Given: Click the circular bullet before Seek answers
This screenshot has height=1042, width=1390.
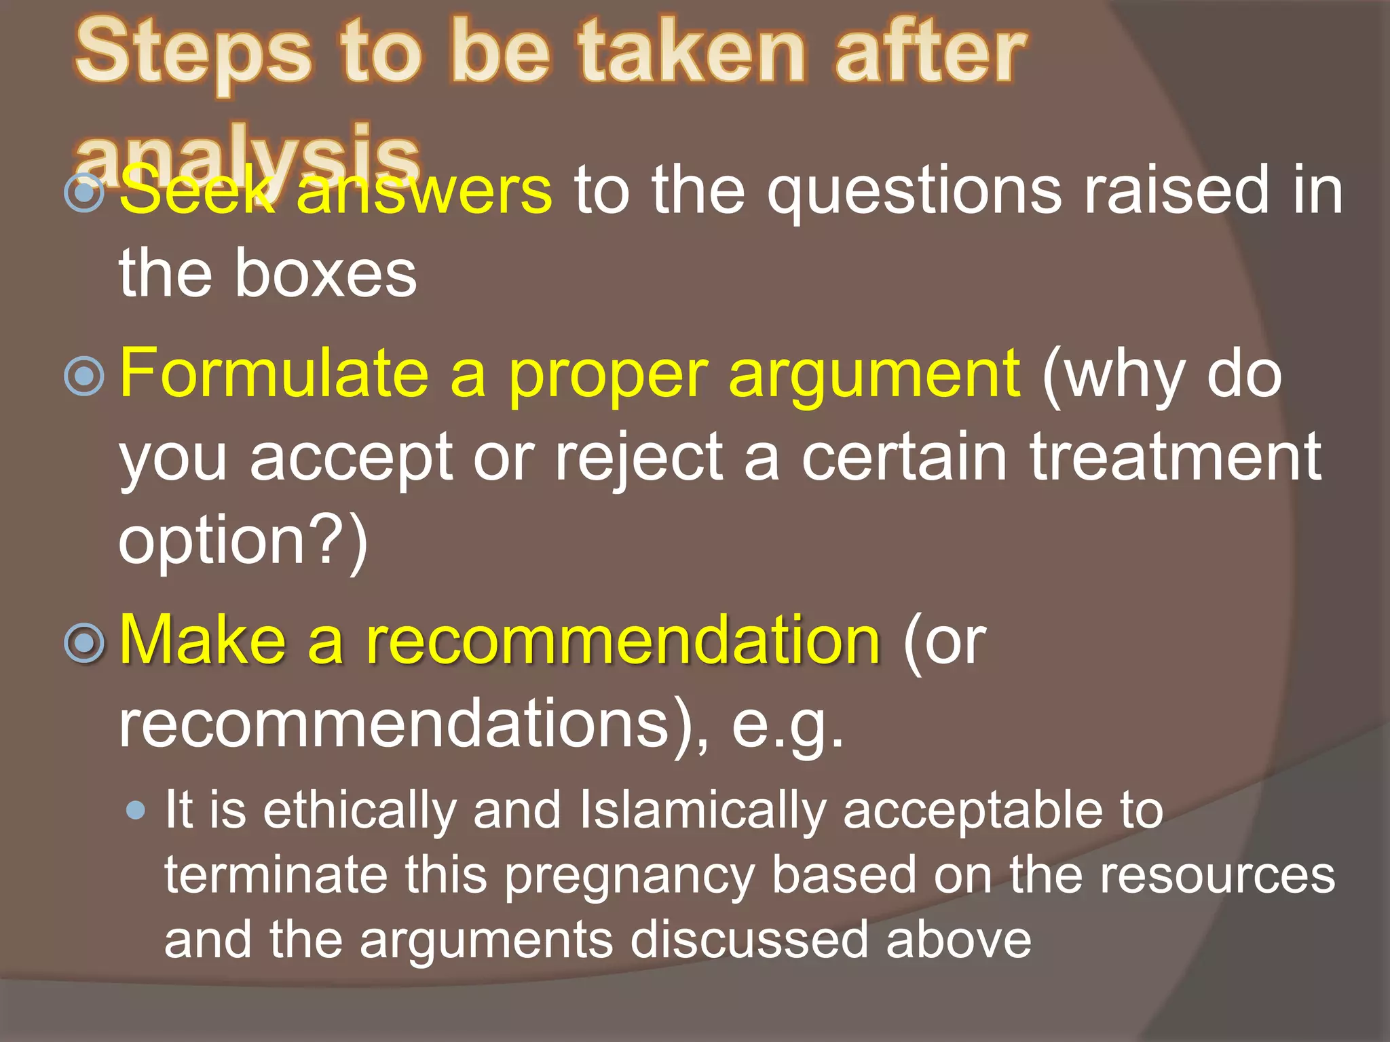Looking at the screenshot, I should tap(84, 193).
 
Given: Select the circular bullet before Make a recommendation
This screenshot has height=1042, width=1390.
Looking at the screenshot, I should tap(84, 642).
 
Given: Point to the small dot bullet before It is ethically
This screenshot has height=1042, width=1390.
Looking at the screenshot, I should tap(136, 810).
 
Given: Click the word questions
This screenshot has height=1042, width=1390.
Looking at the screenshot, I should tap(914, 193).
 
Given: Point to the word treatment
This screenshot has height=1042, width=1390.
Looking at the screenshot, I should tap(1175, 457).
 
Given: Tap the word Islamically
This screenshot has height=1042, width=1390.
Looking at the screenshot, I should tap(702, 810).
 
